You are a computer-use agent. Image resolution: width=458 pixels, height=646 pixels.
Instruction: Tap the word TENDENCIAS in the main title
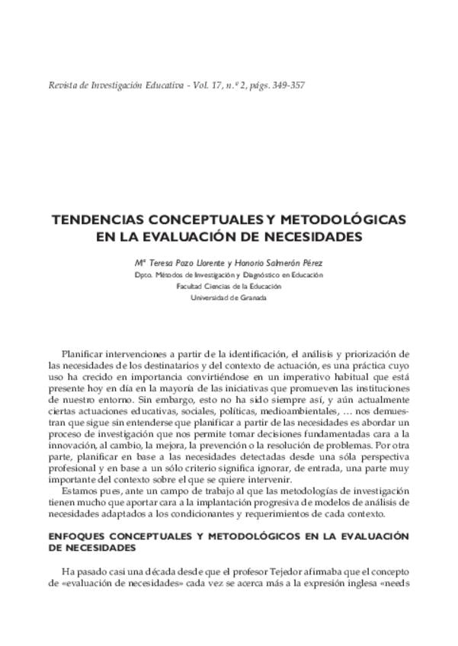(103, 220)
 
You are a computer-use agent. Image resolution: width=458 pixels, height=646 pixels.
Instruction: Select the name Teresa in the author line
(162, 262)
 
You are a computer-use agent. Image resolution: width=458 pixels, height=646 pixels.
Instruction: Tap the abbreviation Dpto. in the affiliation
(143, 274)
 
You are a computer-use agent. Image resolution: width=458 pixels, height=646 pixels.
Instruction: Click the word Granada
(251, 298)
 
